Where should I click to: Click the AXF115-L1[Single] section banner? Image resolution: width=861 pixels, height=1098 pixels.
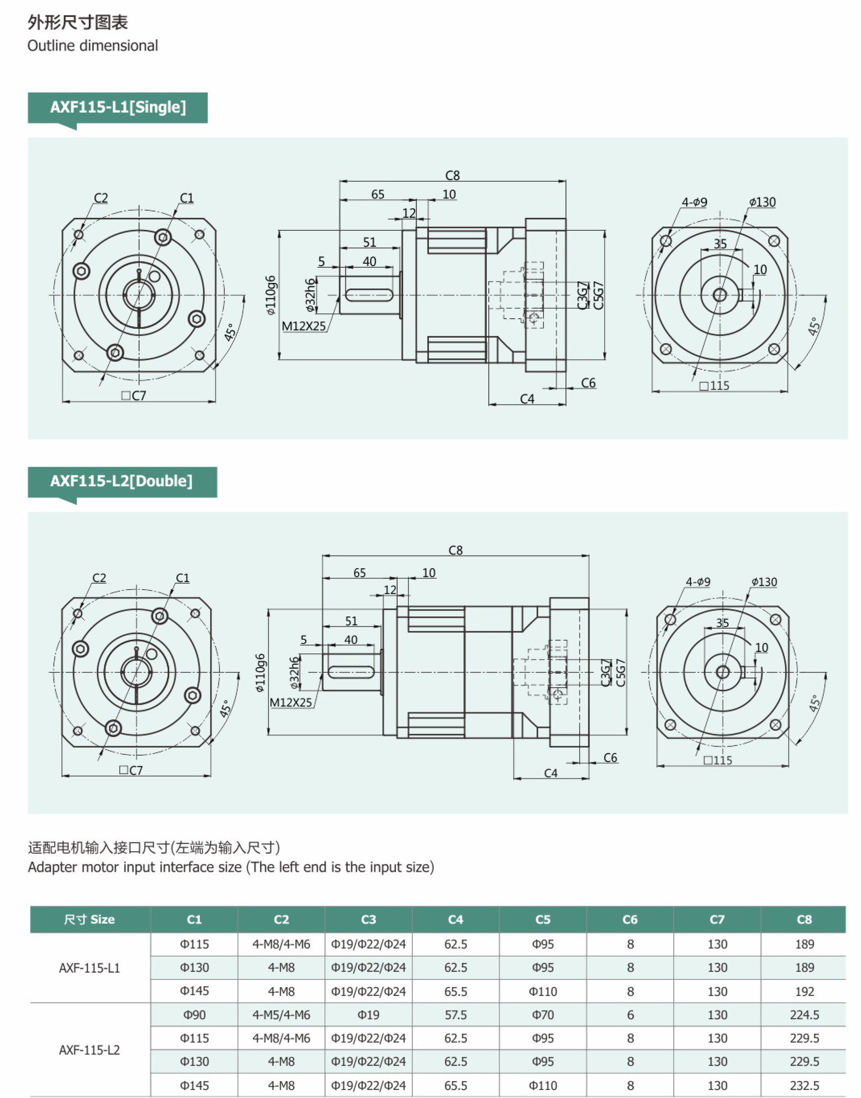click(118, 107)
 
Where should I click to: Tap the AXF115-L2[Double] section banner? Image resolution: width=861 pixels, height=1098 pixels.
click(121, 481)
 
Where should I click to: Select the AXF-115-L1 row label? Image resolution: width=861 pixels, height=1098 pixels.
click(89, 967)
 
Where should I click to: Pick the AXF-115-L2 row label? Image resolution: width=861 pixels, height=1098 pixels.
click(89, 1050)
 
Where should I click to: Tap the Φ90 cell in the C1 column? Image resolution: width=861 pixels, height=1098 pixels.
click(194, 1015)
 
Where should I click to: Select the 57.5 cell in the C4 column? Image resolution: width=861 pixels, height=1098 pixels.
click(456, 1015)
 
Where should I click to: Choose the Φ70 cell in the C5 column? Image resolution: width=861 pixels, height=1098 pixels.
click(543, 1015)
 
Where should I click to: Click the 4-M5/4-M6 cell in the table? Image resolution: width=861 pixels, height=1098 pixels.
click(281, 1015)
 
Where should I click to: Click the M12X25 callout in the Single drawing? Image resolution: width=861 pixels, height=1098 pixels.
click(303, 326)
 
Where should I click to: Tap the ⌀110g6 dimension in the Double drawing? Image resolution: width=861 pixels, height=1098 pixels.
click(260, 673)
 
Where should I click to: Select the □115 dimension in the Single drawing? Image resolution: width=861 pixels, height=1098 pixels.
click(715, 386)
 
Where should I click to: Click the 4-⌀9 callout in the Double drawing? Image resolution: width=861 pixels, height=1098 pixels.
click(698, 582)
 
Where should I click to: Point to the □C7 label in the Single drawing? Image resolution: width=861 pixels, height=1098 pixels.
click(133, 396)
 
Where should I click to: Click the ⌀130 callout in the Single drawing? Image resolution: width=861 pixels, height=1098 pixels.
click(762, 202)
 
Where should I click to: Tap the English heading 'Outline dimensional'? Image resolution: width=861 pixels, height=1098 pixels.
click(93, 46)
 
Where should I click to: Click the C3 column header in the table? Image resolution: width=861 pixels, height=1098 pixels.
click(369, 920)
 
